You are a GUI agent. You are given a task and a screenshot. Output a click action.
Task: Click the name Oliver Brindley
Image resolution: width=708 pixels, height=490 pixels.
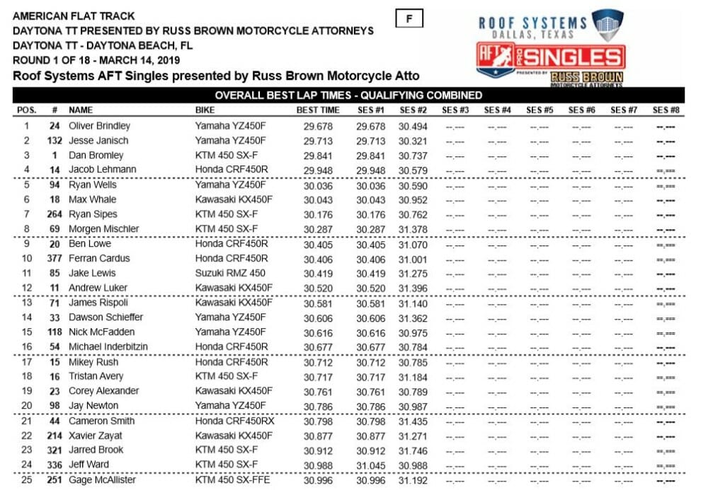pyautogui.click(x=99, y=126)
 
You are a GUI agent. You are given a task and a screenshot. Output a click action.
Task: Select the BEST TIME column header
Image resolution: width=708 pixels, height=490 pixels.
pyautogui.click(x=318, y=110)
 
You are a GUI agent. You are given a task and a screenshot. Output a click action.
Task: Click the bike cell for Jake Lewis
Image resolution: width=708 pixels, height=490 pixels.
pyautogui.click(x=229, y=273)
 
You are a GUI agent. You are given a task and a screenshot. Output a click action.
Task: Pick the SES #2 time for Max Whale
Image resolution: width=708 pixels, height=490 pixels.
pyautogui.click(x=413, y=199)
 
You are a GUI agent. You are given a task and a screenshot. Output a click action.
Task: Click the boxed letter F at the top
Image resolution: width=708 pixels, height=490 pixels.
pyautogui.click(x=409, y=19)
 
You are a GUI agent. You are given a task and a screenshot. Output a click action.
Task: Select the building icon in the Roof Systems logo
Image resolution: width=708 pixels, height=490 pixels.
pyautogui.click(x=607, y=24)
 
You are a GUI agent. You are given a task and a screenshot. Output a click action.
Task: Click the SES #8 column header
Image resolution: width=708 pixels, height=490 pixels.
pyautogui.click(x=666, y=110)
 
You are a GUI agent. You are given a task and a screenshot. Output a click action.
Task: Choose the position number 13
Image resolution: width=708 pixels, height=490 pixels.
pyautogui.click(x=27, y=303)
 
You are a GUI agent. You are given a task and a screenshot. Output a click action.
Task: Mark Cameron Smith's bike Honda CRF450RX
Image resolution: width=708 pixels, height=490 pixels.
pyautogui.click(x=234, y=421)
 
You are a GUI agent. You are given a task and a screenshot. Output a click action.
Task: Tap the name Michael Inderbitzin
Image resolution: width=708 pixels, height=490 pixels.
pyautogui.click(x=108, y=346)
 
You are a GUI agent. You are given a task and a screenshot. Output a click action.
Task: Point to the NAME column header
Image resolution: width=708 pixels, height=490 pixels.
pyautogui.click(x=81, y=110)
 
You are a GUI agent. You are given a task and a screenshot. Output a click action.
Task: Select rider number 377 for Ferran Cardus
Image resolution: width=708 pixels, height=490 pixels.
pyautogui.click(x=52, y=258)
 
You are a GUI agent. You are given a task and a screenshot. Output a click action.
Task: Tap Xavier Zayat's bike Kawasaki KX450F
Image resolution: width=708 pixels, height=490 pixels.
pyautogui.click(x=233, y=436)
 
